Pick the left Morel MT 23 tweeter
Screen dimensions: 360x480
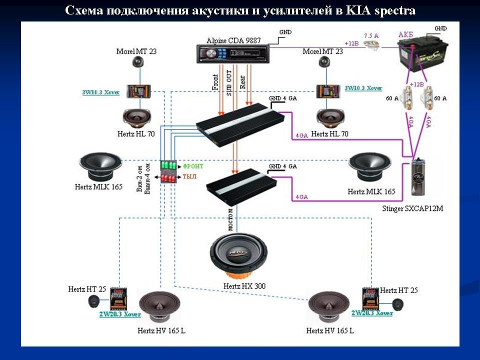[x=138, y=62]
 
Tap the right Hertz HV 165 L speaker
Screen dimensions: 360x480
[x=328, y=308]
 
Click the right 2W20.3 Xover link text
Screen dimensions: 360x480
[x=371, y=313]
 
